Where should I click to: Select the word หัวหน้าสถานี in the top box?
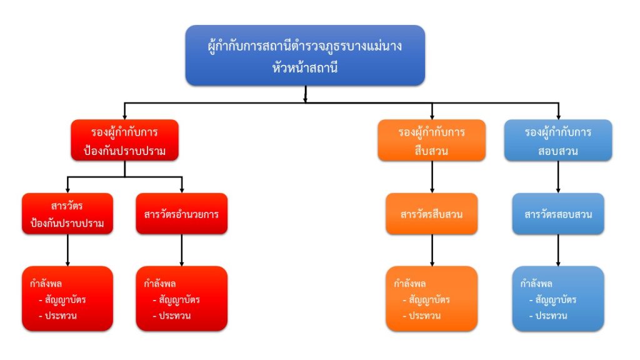pyautogui.click(x=306, y=68)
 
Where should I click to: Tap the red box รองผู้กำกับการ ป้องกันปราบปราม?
pyautogui.click(x=125, y=141)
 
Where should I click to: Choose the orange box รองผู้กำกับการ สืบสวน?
pyautogui.click(x=432, y=141)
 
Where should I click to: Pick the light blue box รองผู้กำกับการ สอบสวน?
pyautogui.click(x=558, y=141)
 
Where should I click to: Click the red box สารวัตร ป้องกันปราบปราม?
pyautogui.click(x=67, y=214)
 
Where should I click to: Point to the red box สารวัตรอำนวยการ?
pyautogui.click(x=181, y=214)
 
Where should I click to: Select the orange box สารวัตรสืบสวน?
pyautogui.click(x=432, y=214)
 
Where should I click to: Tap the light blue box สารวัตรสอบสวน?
pyautogui.click(x=558, y=214)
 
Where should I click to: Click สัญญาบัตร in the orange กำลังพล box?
pyautogui.click(x=429, y=300)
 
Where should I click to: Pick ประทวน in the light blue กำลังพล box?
pyautogui.click(x=551, y=316)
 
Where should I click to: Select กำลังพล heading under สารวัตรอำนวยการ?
pyautogui.click(x=159, y=282)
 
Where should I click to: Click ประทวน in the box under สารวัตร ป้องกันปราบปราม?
pyautogui.click(x=60, y=316)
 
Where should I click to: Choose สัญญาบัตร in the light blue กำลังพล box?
pyautogui.click(x=556, y=300)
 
